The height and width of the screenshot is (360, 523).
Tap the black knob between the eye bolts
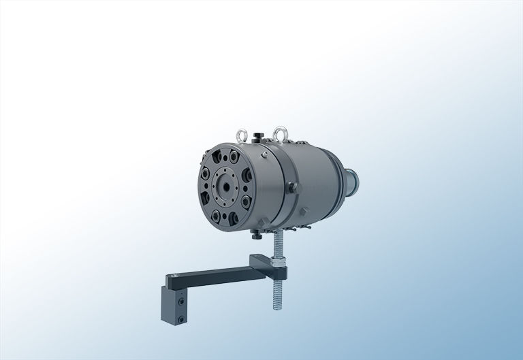(x=258, y=135)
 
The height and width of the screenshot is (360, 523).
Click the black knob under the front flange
(x=255, y=235)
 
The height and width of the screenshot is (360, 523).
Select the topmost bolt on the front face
(x=225, y=155)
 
